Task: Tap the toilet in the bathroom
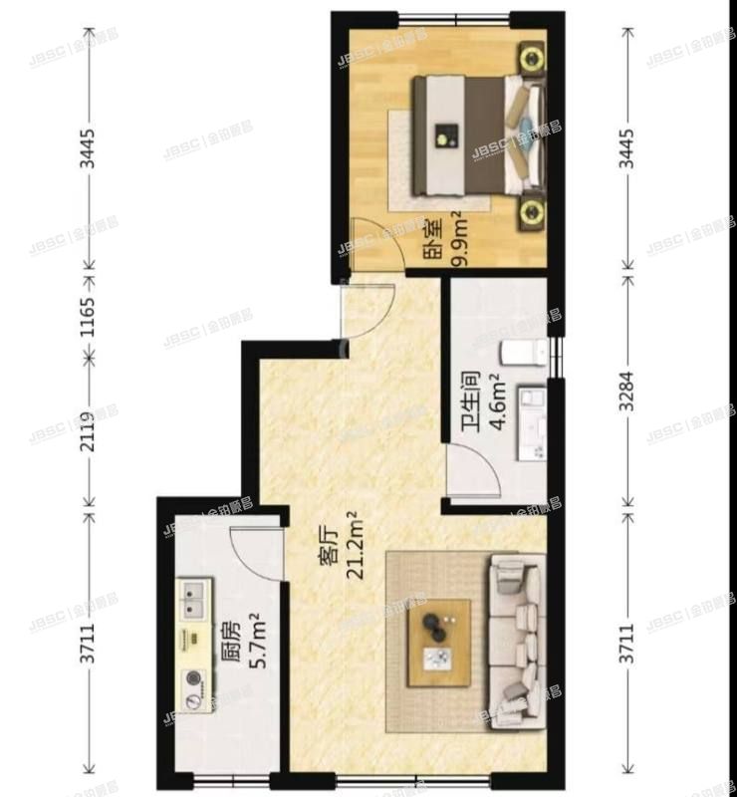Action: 522,352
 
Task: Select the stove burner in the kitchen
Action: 191,681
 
